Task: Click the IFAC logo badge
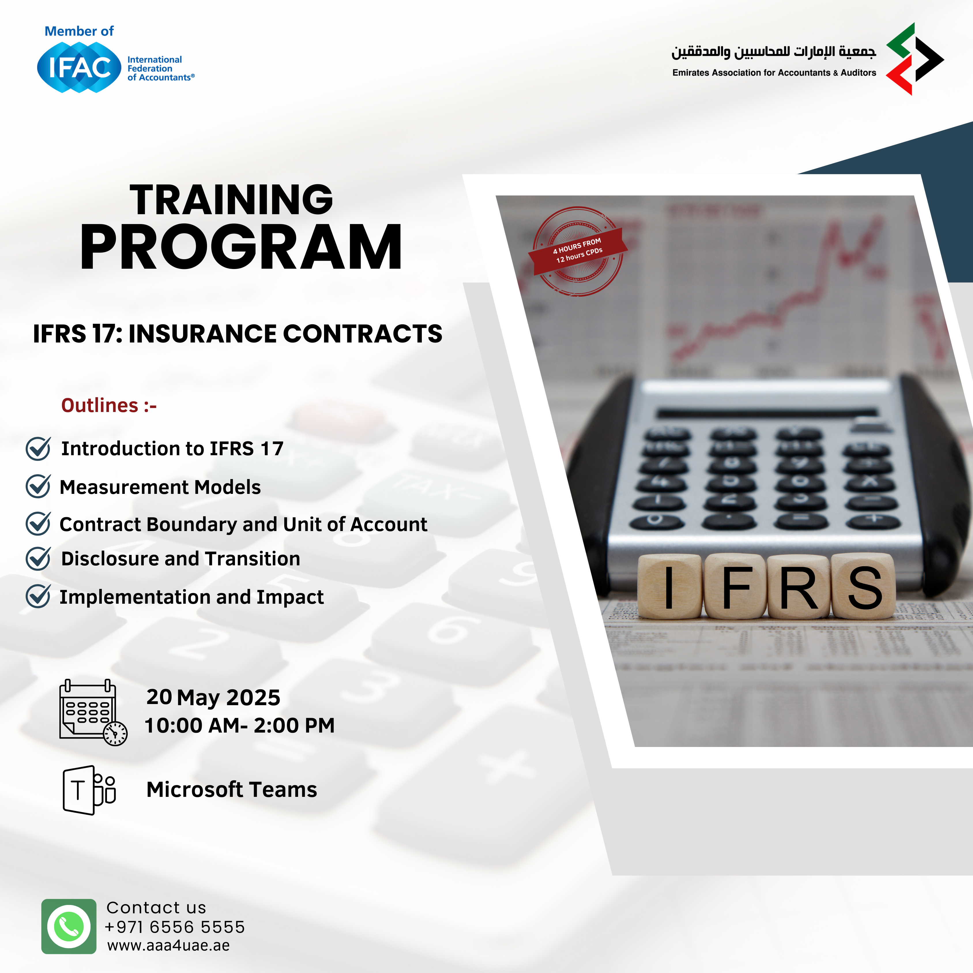click(79, 67)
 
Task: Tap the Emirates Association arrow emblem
click(914, 59)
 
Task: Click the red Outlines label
click(109, 405)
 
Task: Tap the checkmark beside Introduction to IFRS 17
click(38, 448)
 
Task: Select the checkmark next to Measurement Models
click(38, 486)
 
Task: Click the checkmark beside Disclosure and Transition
click(38, 558)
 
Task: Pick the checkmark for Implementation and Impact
click(38, 596)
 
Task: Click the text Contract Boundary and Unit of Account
click(243, 524)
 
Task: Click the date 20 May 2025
click(213, 697)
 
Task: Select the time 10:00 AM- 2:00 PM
click(240, 726)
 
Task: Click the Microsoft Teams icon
click(89, 790)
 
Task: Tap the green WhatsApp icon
click(69, 926)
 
